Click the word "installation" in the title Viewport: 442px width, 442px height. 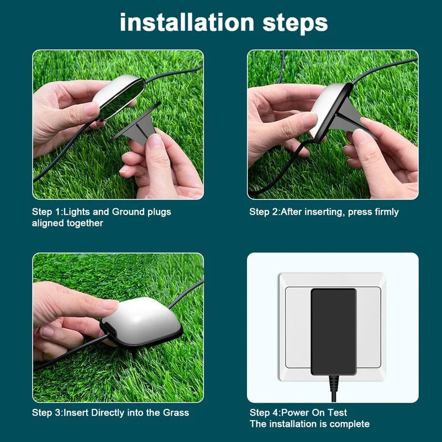click(187, 22)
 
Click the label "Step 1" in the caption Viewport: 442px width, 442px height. click(45, 212)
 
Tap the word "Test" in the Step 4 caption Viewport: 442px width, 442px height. click(337, 413)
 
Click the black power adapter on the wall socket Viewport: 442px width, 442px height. click(334, 331)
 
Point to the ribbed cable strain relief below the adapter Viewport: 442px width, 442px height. click(334, 383)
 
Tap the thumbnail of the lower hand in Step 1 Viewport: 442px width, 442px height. click(155, 140)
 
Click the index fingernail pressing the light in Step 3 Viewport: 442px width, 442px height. click(110, 305)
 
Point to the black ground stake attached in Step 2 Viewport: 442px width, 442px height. click(350, 118)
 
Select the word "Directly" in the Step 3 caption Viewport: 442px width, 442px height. click(108, 413)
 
